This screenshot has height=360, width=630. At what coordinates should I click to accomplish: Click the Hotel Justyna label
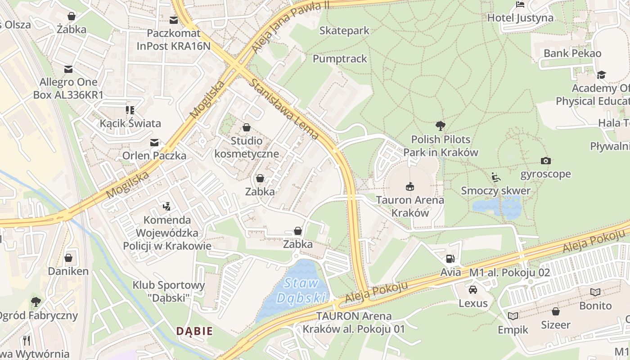click(x=520, y=18)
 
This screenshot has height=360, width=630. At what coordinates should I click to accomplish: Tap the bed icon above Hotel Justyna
click(x=520, y=5)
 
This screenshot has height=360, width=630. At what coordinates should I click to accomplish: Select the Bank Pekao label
click(x=572, y=53)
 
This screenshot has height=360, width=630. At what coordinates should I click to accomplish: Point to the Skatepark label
click(x=344, y=31)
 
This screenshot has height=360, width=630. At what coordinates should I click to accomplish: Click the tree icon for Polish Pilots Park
click(x=441, y=126)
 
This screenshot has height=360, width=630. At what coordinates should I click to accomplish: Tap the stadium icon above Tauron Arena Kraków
click(x=409, y=186)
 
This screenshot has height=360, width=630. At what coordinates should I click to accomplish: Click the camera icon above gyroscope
click(x=545, y=161)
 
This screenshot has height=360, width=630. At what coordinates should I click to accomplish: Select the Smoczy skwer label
click(x=495, y=190)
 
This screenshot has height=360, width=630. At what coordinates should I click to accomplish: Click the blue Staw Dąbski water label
click(x=301, y=291)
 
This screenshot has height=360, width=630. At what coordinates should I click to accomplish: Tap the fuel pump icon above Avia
click(x=450, y=258)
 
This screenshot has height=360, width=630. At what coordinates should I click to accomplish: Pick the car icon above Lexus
click(x=473, y=289)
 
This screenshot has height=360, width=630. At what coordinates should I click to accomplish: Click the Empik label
click(x=513, y=330)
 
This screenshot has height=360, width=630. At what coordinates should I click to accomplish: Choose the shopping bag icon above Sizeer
click(x=556, y=311)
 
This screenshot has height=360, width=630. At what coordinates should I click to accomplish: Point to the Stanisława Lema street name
click(x=284, y=109)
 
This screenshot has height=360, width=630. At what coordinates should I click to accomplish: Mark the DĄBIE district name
click(x=194, y=331)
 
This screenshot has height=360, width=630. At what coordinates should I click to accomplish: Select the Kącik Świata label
click(x=130, y=123)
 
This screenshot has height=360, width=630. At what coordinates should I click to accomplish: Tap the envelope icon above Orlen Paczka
click(x=154, y=143)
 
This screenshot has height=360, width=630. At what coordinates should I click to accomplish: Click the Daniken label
click(x=68, y=271)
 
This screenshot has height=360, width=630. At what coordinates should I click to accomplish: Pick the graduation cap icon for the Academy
click(x=602, y=75)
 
